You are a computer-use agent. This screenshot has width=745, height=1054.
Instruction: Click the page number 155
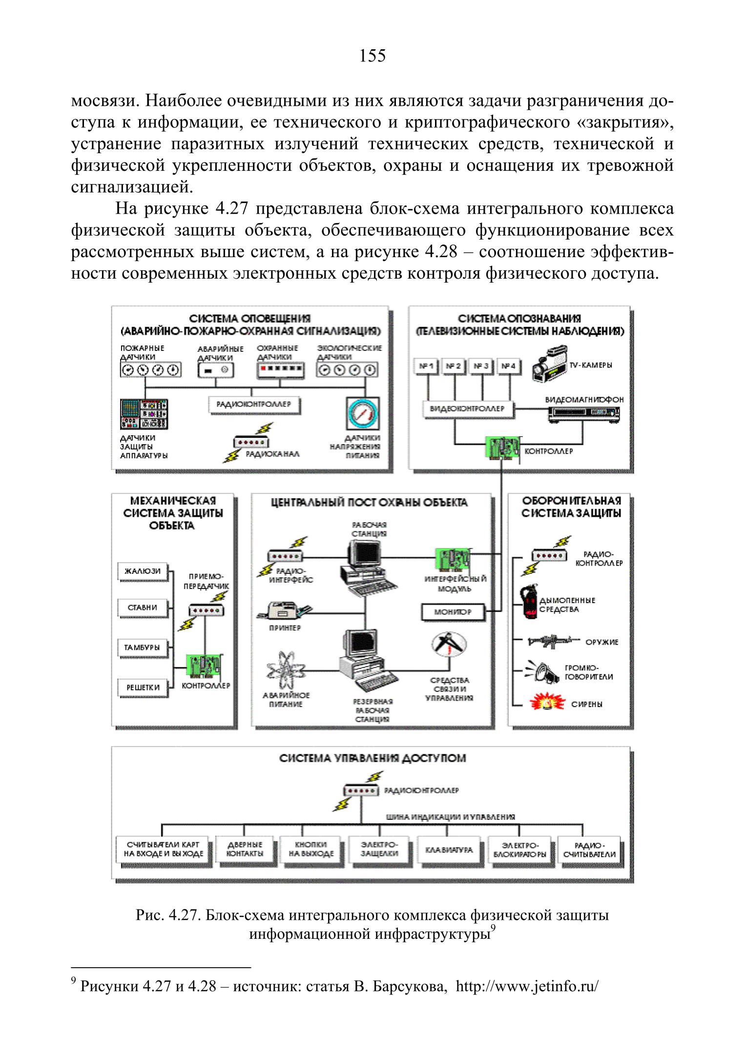click(x=372, y=56)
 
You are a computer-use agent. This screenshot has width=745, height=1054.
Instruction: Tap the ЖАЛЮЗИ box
click(x=142, y=571)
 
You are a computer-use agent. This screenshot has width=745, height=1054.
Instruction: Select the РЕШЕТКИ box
click(x=142, y=687)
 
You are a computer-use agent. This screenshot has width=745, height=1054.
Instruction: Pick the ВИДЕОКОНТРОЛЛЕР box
click(x=467, y=409)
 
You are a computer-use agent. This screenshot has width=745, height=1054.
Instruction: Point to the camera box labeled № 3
click(x=481, y=365)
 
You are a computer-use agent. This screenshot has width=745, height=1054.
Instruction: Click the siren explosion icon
click(x=547, y=704)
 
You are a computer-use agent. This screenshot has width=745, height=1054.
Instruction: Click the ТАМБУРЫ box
click(x=142, y=648)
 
